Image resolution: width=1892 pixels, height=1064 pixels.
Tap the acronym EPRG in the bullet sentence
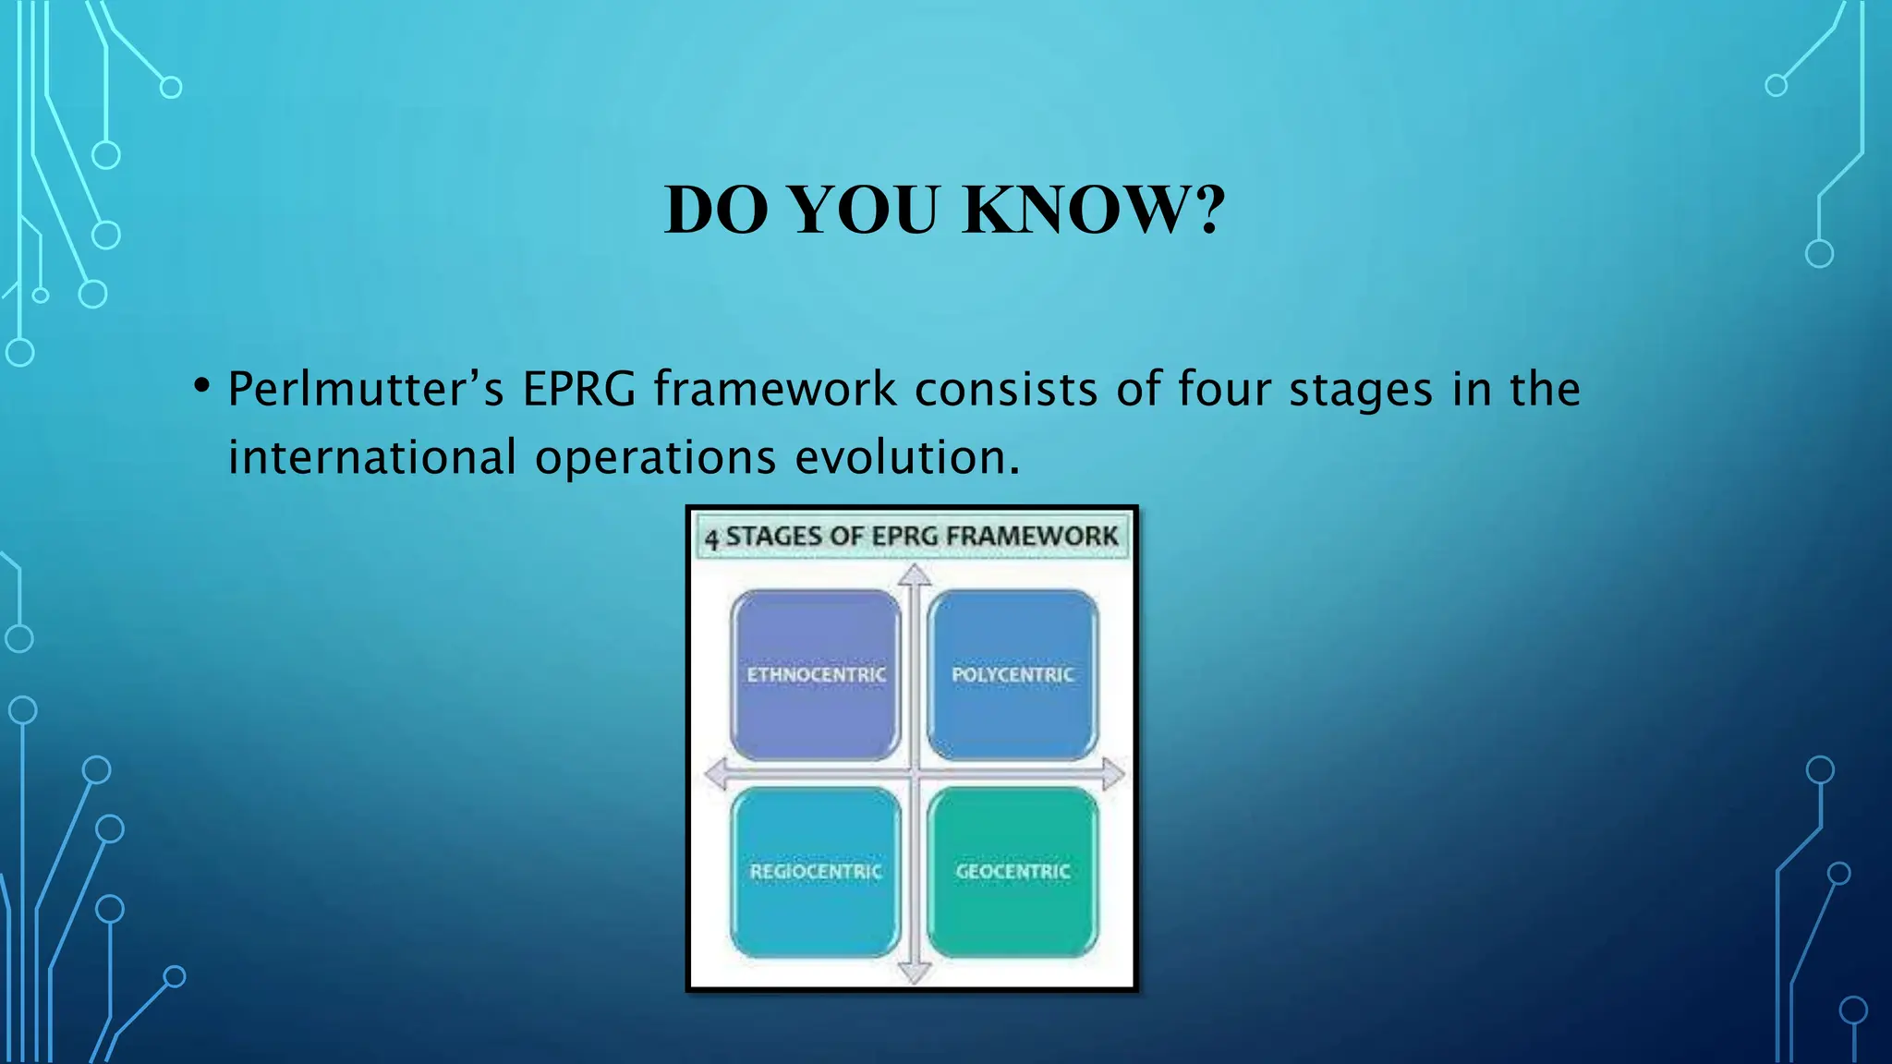tap(579, 389)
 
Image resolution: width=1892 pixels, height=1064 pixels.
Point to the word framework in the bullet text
tap(775, 389)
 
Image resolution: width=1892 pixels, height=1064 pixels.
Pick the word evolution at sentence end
tap(907, 457)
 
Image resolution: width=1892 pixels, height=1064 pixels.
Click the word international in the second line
tap(372, 457)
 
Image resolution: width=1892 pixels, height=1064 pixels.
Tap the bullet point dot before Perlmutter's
tap(202, 385)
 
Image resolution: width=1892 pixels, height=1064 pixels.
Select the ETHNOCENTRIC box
tap(816, 675)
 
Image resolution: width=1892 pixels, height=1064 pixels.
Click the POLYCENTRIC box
tap(1013, 675)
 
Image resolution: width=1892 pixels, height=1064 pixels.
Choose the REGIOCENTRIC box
tap(816, 871)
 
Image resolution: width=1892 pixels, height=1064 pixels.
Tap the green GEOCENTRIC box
tap(1013, 871)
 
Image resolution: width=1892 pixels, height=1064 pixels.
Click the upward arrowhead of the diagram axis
tap(915, 575)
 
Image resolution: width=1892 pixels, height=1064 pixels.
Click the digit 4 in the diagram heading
tap(711, 538)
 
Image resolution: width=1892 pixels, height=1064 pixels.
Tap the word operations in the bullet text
tap(655, 457)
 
